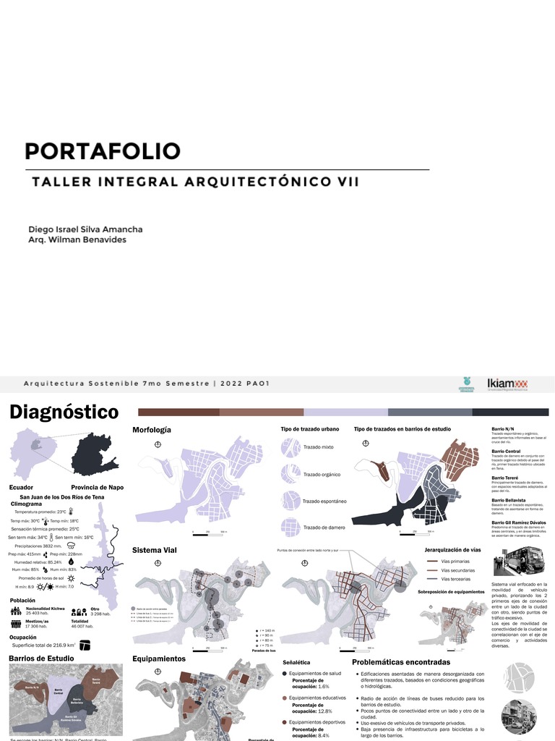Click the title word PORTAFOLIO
click(x=102, y=151)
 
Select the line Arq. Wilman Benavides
click(x=77, y=240)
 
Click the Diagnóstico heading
click(x=64, y=412)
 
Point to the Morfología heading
click(x=152, y=430)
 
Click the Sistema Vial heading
click(x=155, y=551)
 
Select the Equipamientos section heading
click(x=159, y=659)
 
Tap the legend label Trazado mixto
click(x=318, y=447)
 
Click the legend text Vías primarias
click(x=455, y=561)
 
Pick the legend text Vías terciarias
click(x=456, y=579)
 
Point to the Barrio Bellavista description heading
click(x=509, y=500)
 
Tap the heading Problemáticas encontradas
click(x=401, y=662)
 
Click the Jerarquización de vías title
click(x=452, y=551)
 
